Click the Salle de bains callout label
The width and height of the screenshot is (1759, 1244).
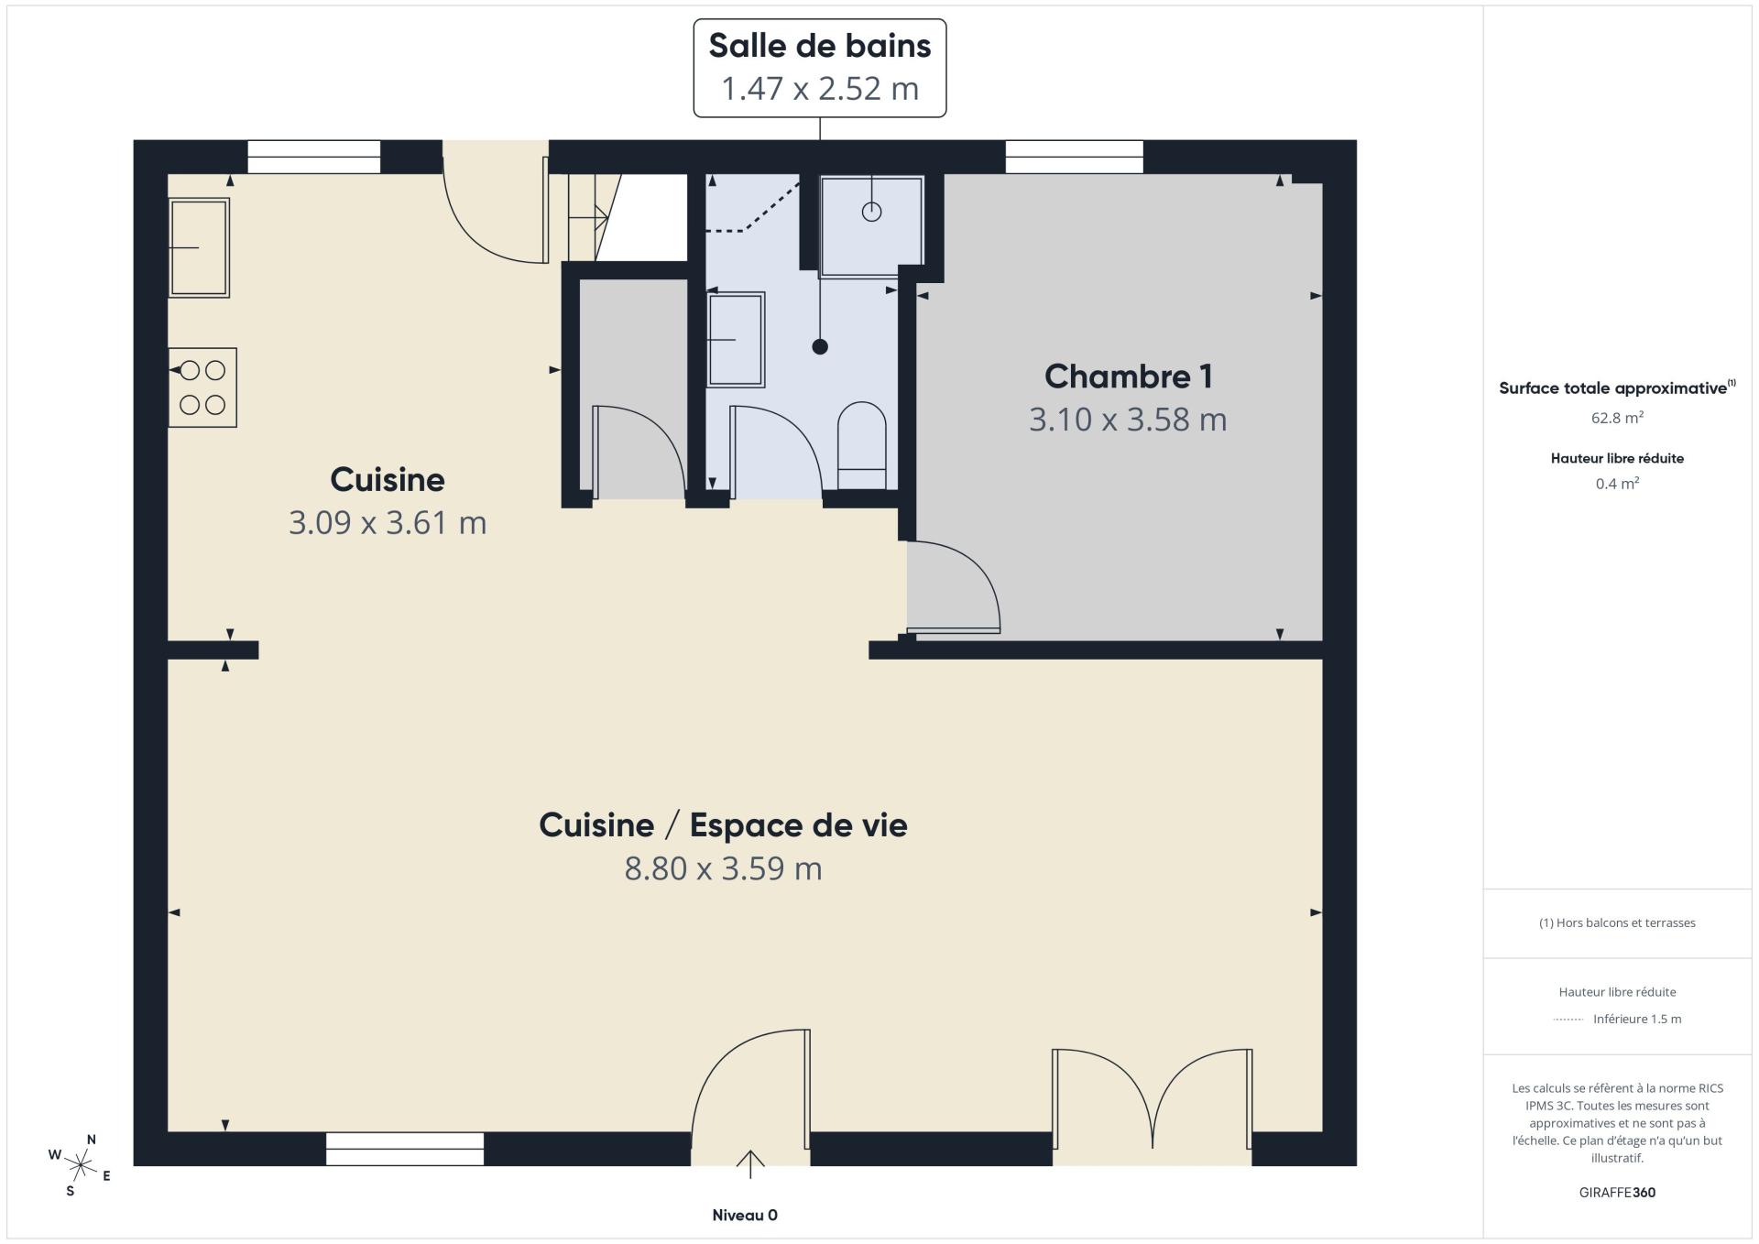click(x=819, y=68)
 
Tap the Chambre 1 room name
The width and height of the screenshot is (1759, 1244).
click(x=1128, y=376)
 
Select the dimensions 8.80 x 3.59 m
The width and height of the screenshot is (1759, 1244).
click(x=723, y=868)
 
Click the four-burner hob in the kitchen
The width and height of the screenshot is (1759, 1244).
click(x=202, y=387)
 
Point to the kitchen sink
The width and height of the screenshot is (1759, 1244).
click(x=199, y=247)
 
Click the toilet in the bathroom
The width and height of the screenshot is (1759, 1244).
click(x=862, y=447)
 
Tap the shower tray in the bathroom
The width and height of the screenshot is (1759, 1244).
click(x=871, y=225)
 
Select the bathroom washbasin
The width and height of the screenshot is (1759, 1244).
click(x=736, y=340)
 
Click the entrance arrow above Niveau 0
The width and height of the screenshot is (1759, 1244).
click(x=750, y=1163)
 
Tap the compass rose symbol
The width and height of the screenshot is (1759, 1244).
click(x=80, y=1165)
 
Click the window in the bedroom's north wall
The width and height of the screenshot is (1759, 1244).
click(x=1074, y=157)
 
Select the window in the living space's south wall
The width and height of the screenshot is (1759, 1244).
click(x=404, y=1149)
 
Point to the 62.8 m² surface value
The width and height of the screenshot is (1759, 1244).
click(x=1616, y=418)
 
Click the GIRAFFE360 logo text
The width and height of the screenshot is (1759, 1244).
click(x=1616, y=1192)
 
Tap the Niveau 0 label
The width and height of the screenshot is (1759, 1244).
click(x=745, y=1215)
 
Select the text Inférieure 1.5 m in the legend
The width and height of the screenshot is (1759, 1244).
click(x=1636, y=1019)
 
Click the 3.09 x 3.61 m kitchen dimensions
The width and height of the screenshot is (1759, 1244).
click(x=388, y=523)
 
